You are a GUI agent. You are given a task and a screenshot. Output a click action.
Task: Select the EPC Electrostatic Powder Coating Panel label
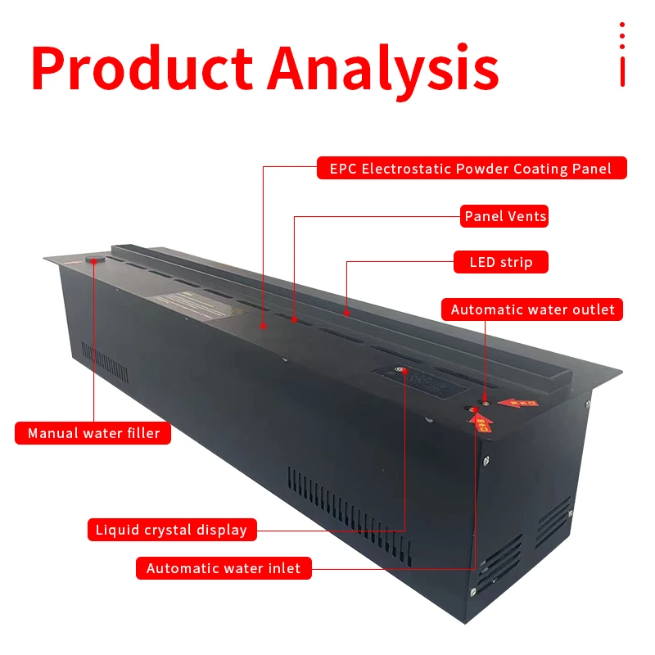click(472, 169)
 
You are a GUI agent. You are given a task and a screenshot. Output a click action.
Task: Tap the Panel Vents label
click(505, 216)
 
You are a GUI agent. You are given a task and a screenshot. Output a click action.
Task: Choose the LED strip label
click(501, 262)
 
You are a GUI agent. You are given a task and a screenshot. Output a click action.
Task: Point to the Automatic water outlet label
click(532, 309)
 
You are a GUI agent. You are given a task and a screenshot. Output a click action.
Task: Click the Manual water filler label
click(93, 433)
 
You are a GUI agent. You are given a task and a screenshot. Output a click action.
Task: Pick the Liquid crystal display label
click(171, 530)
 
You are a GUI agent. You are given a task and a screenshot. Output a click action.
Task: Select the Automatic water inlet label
click(224, 567)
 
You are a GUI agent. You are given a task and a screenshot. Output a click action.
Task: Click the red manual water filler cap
click(94, 261)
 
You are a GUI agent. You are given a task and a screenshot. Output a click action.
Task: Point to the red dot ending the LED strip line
click(347, 312)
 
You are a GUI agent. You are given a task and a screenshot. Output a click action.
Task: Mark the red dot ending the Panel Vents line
click(295, 319)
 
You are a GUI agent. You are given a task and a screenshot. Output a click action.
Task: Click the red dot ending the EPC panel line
click(264, 325)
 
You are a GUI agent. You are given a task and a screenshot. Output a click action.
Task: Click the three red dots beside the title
click(622, 36)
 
